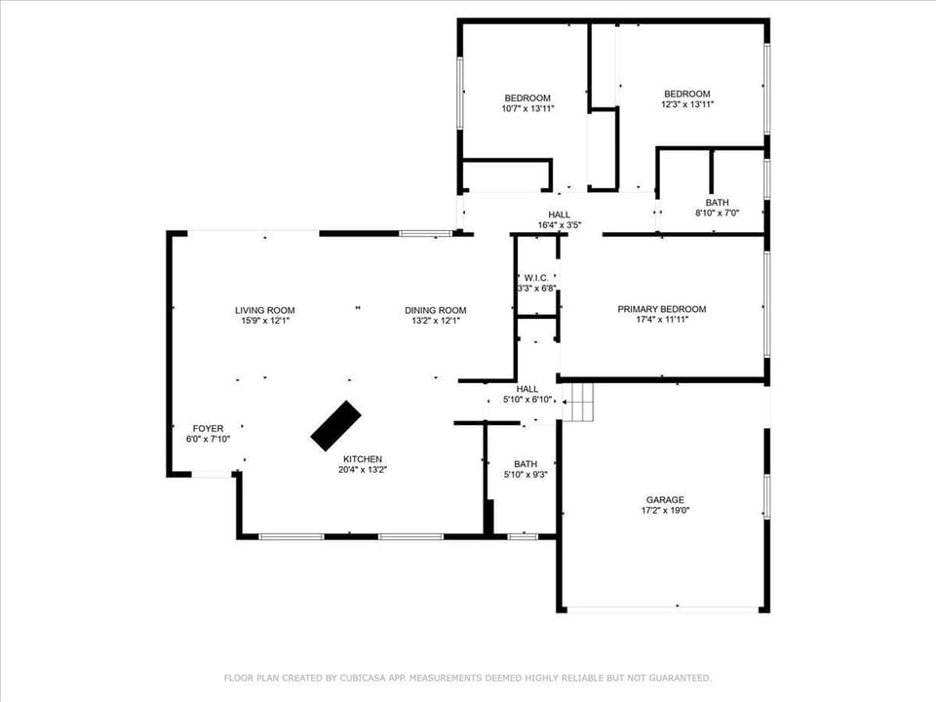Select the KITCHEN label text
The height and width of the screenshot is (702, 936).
362,459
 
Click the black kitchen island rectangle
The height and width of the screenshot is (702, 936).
335,426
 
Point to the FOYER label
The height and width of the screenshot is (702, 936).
208,428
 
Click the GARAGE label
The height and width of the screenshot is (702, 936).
662,499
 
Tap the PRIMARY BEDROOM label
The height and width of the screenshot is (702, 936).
661,309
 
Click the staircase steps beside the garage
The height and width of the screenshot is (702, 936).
581,401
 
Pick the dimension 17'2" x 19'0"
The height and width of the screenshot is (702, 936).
662,510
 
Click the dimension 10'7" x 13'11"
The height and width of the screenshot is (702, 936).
527,108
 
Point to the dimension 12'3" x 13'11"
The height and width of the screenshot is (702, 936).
687,104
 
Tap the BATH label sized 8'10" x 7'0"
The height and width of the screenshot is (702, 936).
717,202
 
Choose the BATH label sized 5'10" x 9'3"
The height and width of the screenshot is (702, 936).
526,464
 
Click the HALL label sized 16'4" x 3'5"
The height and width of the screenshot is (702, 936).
559,214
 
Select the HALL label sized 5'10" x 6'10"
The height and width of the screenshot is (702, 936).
526,389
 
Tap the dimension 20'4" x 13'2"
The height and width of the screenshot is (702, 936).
362,470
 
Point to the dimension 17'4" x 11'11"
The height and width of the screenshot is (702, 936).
661,320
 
